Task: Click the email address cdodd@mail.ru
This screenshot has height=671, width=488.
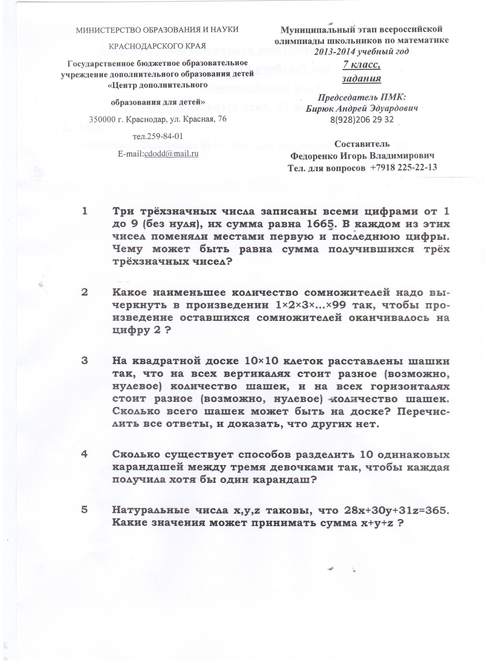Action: (x=171, y=154)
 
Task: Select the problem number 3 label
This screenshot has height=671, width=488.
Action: (x=85, y=361)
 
